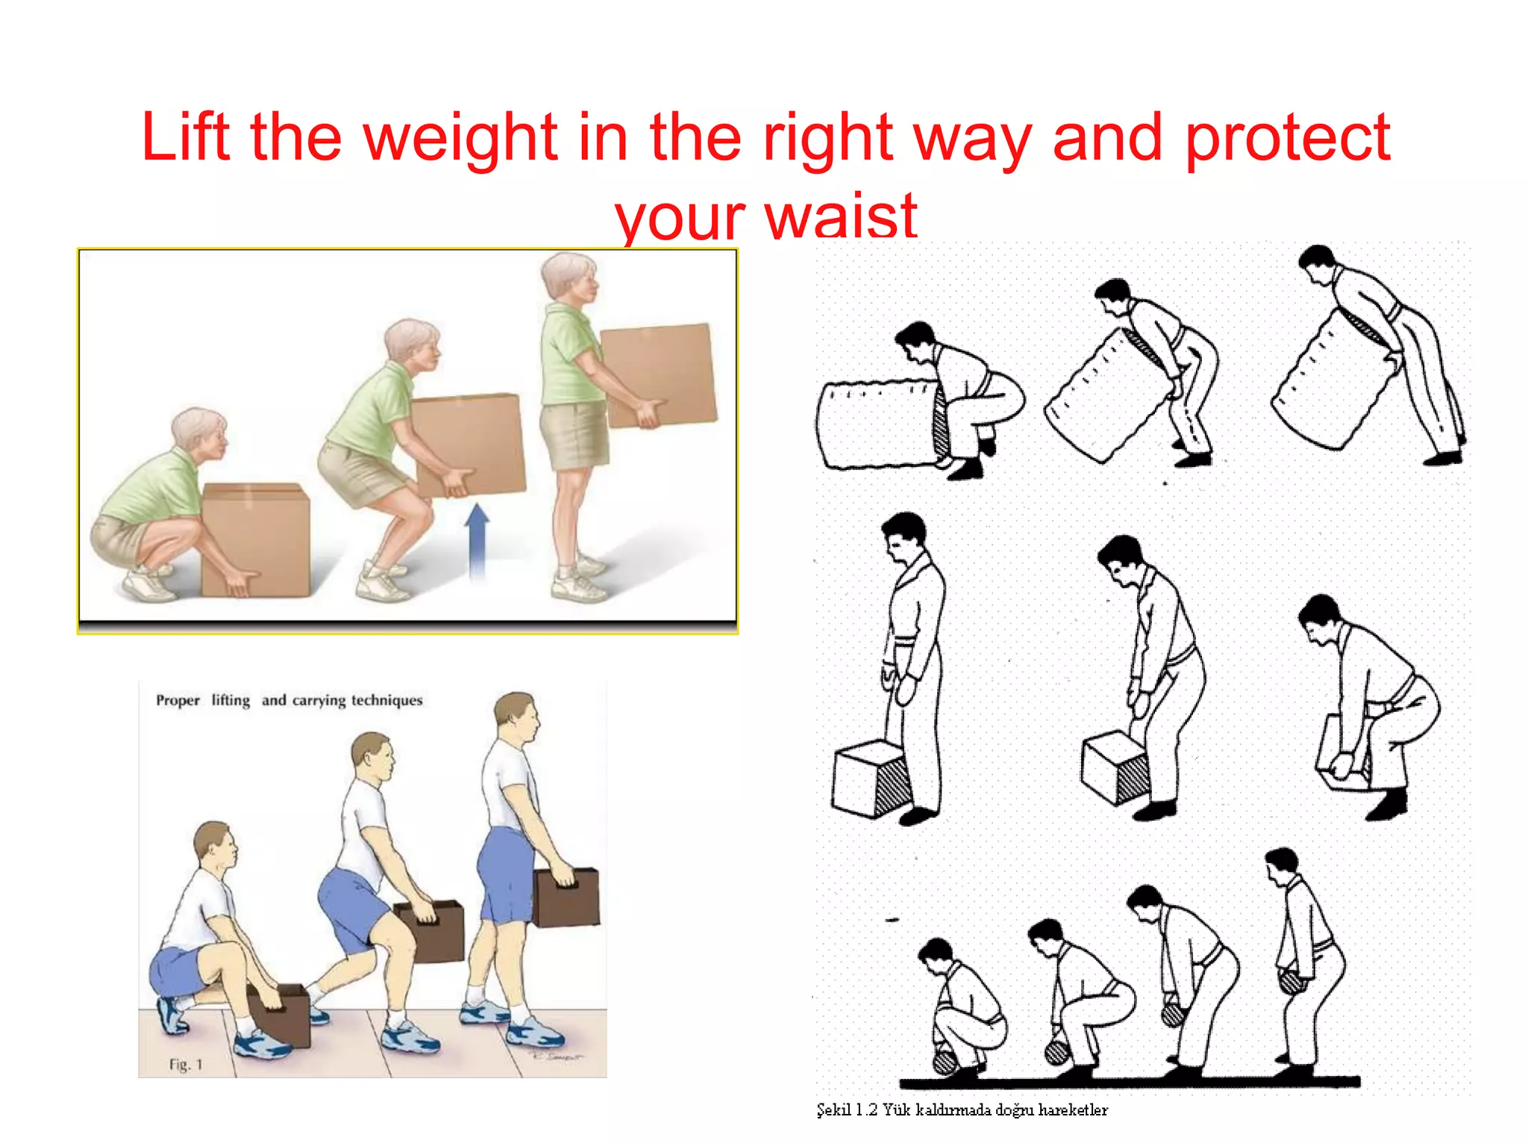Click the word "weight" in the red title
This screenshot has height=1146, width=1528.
coord(460,138)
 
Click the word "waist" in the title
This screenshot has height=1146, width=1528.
coord(841,216)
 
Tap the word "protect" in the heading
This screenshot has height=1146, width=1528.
coord(1287,138)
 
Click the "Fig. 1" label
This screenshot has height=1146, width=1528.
coord(185,1065)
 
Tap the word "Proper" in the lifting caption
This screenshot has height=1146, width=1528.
coord(178,701)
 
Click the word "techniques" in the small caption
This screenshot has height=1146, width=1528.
coord(386,701)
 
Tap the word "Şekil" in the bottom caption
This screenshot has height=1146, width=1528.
coord(833,1110)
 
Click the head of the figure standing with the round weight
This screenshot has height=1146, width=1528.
coord(1283,865)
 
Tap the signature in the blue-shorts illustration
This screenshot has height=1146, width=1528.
coord(556,1056)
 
